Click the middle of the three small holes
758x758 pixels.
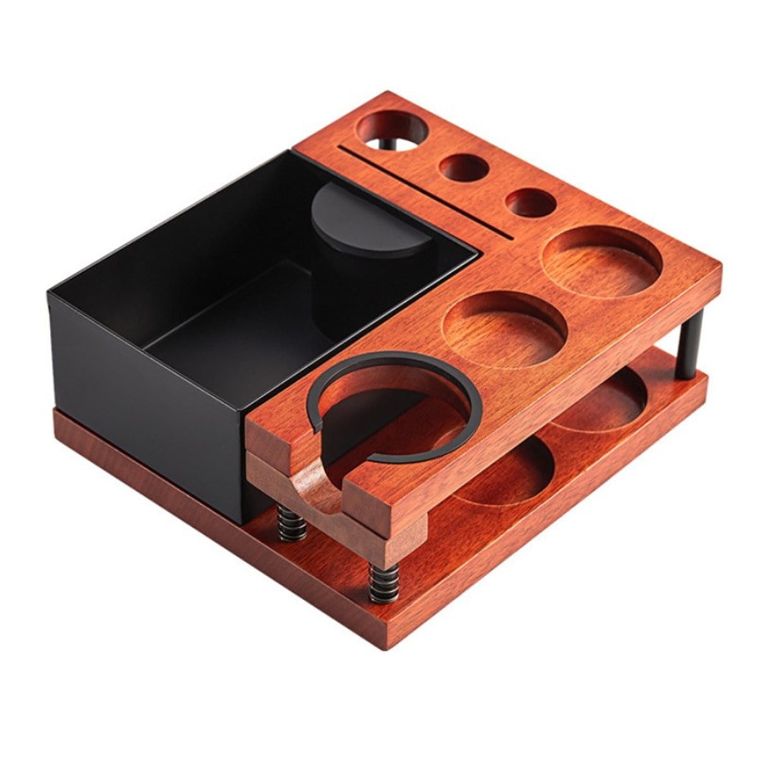coord(464,167)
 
